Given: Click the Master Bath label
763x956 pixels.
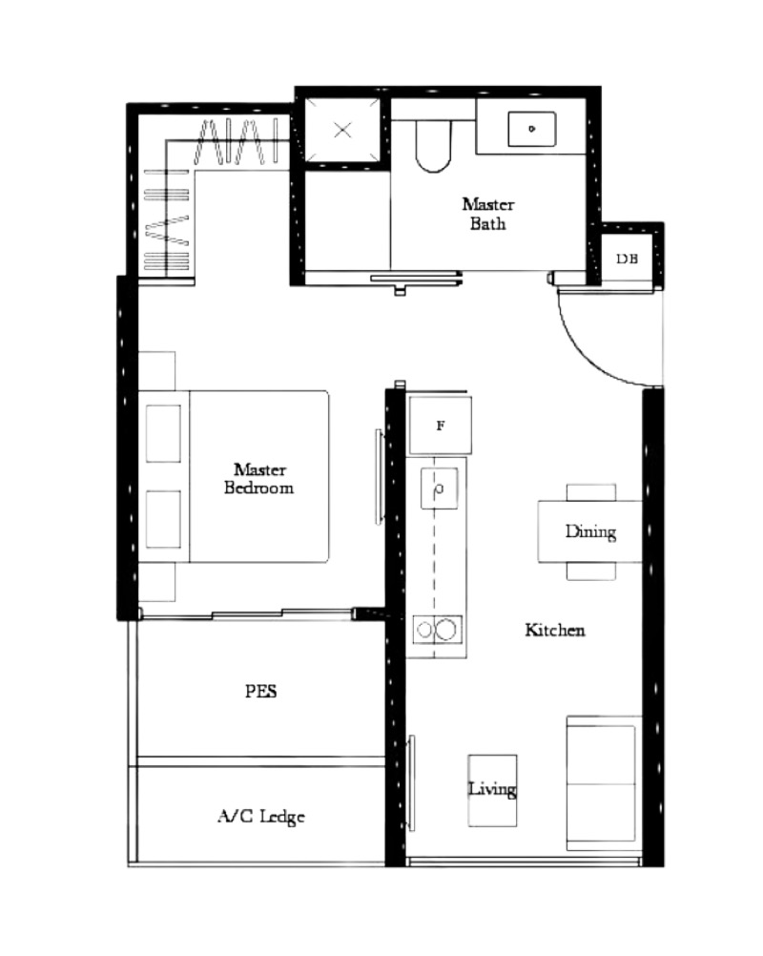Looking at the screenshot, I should point(487,214).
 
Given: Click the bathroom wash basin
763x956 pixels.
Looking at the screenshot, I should point(531,129).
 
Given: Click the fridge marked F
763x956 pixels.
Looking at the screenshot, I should point(440,426).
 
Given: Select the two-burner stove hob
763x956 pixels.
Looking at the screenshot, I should point(437,629).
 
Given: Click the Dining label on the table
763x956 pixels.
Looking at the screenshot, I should point(590,531).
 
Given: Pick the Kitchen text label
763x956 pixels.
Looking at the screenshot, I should point(555,630).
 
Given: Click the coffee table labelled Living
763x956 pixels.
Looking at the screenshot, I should point(492,790).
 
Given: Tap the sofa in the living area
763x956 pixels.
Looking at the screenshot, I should point(602,783).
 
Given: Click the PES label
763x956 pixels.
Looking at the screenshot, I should point(260,692).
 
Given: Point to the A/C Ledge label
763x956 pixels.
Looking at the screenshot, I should point(261,817).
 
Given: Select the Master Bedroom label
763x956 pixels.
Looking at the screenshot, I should point(259,478).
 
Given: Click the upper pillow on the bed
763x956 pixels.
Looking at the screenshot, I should point(163,433).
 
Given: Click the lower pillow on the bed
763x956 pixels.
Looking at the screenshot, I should point(163,519).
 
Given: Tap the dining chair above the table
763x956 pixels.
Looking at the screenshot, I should point(591,491).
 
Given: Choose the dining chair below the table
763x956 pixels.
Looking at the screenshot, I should point(591,571).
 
